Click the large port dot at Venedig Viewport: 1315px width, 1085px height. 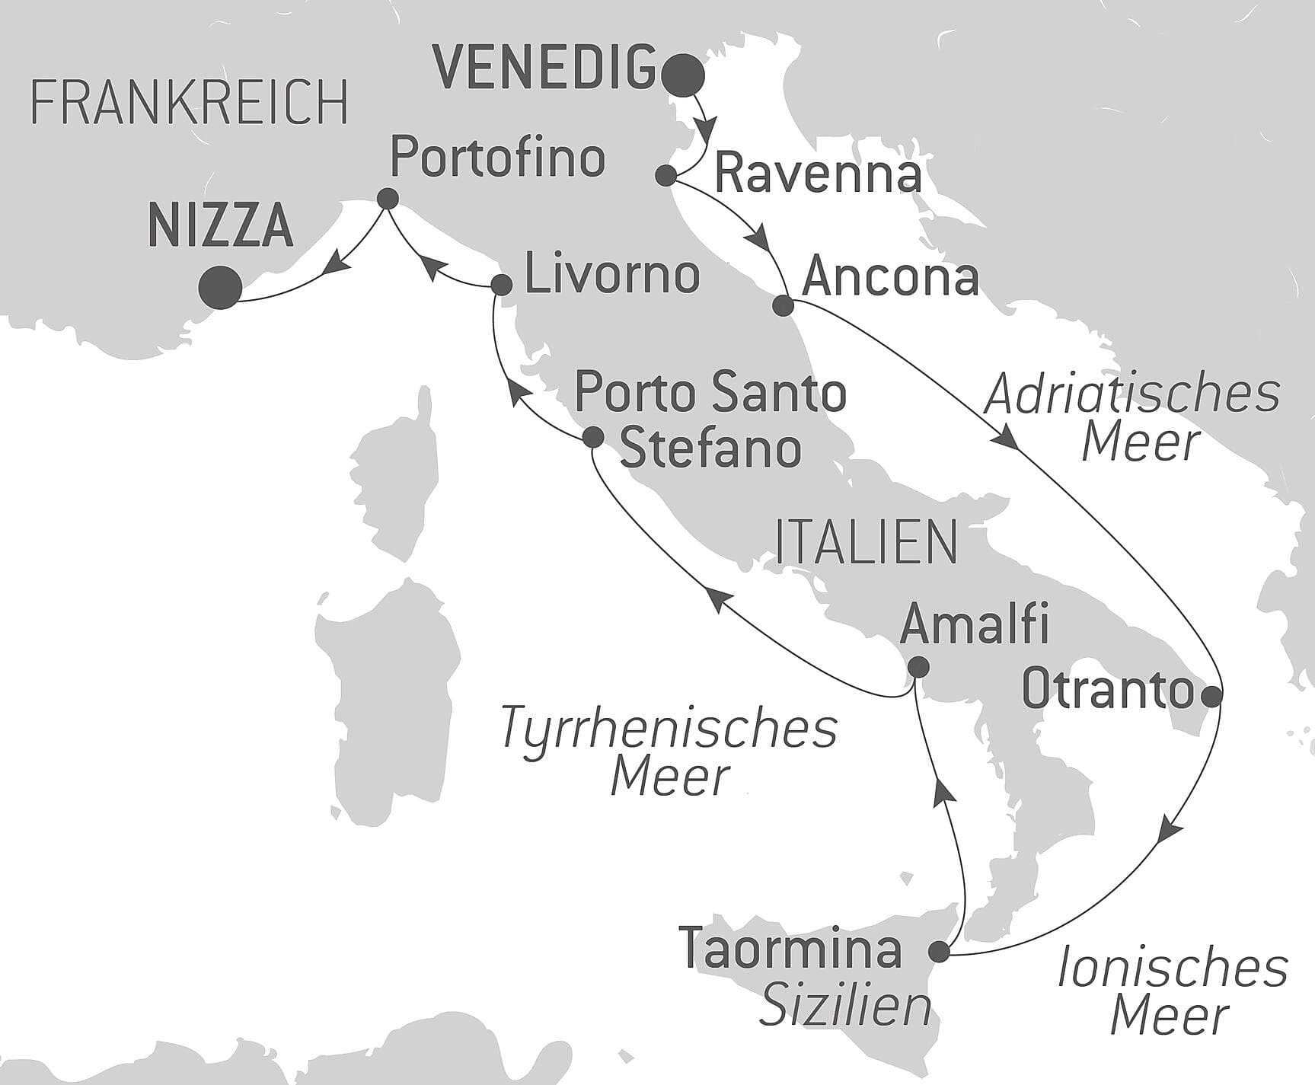pyautogui.click(x=683, y=75)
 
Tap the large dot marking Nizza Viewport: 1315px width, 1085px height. pyautogui.click(x=220, y=287)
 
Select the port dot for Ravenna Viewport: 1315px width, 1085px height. pyautogui.click(x=666, y=176)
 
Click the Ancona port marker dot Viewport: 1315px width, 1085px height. pyautogui.click(x=784, y=306)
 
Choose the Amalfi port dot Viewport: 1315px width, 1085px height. pyautogui.click(x=919, y=667)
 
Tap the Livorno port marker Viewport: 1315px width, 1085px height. pyautogui.click(x=501, y=286)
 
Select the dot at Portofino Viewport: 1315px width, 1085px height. pyautogui.click(x=388, y=199)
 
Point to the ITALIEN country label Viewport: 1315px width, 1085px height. pyautogui.click(x=866, y=543)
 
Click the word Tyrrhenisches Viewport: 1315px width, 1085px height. pyautogui.click(x=669, y=727)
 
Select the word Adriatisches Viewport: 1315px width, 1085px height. pyautogui.click(x=1132, y=395)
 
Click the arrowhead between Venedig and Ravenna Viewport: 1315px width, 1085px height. pyautogui.click(x=709, y=127)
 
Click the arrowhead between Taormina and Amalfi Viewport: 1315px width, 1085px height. pyautogui.click(x=943, y=793)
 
